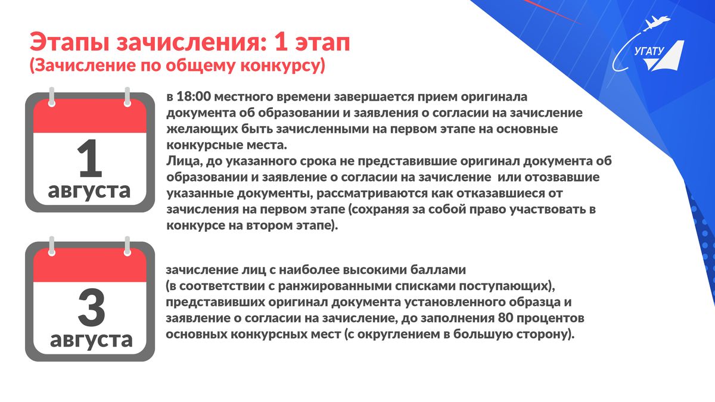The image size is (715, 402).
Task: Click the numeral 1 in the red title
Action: point(281,42)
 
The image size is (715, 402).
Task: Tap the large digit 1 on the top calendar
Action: point(90,158)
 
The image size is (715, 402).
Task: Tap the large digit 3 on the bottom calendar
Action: point(91,307)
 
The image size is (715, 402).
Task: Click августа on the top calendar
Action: point(89,191)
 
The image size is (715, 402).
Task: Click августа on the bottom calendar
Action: point(91,340)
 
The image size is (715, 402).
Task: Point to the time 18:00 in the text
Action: point(194,96)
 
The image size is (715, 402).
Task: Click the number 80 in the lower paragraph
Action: point(505,318)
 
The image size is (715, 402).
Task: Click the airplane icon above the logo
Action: point(657,23)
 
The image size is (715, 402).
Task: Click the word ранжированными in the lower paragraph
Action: point(334,286)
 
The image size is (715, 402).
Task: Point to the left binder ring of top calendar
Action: point(52,96)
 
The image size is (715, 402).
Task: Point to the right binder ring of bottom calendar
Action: point(128,246)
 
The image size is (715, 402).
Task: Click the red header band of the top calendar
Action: point(90,117)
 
